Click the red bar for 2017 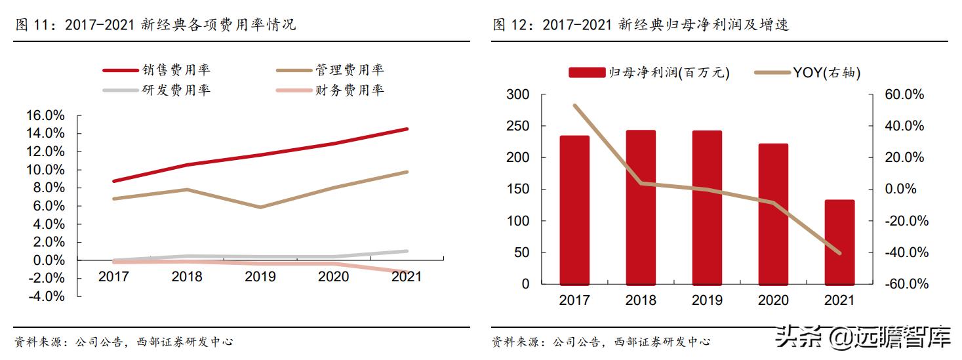574,210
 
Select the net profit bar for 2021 840,242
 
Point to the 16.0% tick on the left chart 45,115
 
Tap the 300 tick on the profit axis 517,95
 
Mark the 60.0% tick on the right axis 905,95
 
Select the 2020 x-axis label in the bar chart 773,300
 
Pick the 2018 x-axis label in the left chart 187,277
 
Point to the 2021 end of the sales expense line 407,129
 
